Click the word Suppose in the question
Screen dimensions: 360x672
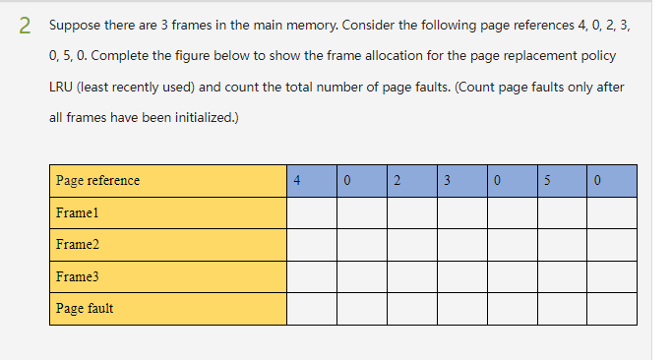pos(72,27)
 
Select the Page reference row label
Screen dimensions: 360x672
pos(97,180)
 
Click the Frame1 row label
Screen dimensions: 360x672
pos(78,212)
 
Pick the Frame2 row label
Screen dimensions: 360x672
pos(78,244)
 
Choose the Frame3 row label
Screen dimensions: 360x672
pos(78,276)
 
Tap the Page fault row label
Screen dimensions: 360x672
pos(85,308)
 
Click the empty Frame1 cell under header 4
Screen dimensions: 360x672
pos(312,212)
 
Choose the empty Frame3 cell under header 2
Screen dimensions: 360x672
pos(411,276)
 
